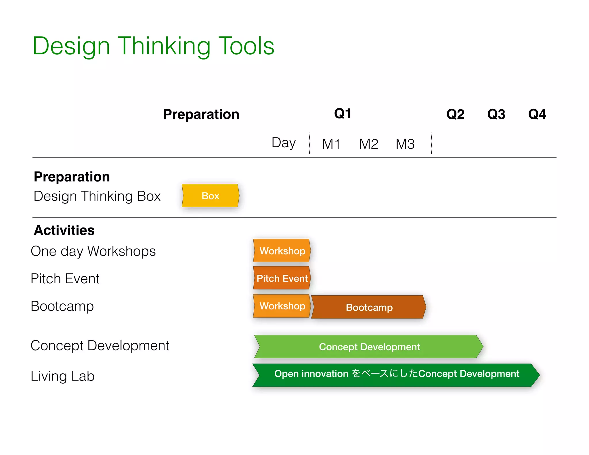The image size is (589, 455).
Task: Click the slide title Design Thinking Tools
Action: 153,46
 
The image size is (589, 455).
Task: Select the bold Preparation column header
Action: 201,114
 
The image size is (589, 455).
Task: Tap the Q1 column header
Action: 342,114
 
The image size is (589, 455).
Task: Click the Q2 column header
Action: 455,114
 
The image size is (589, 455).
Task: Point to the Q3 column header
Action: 496,114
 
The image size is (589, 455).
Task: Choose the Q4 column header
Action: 537,114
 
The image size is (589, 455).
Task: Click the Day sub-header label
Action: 284,143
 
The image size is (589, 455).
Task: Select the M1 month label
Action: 331,144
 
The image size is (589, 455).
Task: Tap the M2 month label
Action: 368,144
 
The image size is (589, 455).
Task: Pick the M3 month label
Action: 405,144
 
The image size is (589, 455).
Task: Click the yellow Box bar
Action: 211,196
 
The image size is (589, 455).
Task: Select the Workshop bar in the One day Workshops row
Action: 282,251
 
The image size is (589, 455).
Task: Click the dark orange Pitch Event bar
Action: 282,278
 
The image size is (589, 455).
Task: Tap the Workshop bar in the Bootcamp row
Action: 282,306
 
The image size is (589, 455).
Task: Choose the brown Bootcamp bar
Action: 369,307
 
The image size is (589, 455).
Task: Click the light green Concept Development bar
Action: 369,347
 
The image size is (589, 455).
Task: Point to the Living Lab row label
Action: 63,376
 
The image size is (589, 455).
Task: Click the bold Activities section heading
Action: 64,230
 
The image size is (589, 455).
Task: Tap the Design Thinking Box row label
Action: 97,196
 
